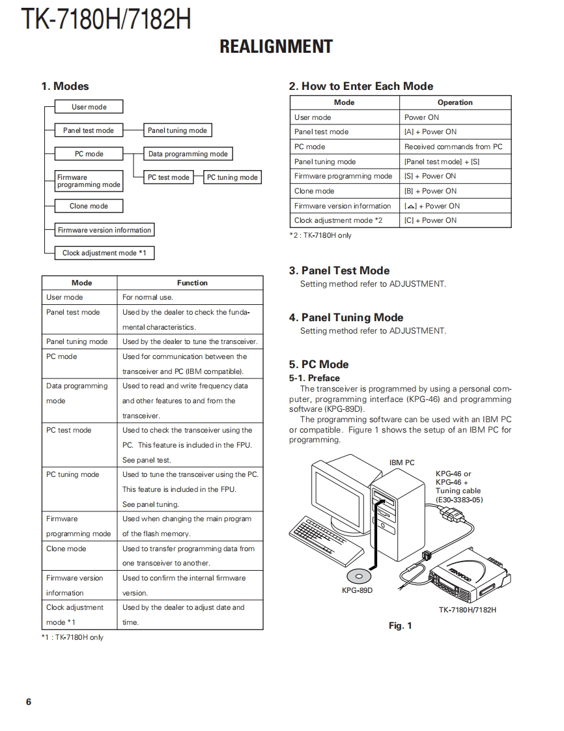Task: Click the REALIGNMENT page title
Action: pos(276,47)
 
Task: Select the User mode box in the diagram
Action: pos(89,107)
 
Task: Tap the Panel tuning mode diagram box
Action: pos(177,130)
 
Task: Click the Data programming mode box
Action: pos(188,154)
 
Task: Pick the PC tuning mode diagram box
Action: pos(233,177)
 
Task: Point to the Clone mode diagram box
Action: pos(89,206)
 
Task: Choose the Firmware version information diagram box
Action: pos(104,230)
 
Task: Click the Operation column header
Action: pos(455,102)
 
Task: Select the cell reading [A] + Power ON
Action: pos(430,132)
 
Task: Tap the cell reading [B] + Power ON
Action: pos(430,191)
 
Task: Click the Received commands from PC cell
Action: pos(453,147)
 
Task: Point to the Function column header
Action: pos(192,283)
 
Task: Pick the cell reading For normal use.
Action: pos(148,297)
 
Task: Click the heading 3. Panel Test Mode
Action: pos(339,270)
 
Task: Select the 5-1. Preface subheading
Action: pos(315,378)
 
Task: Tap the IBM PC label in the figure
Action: pos(402,463)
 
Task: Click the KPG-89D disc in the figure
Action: pos(359,576)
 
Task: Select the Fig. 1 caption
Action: pos(400,625)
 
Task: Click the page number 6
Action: pos(29,702)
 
